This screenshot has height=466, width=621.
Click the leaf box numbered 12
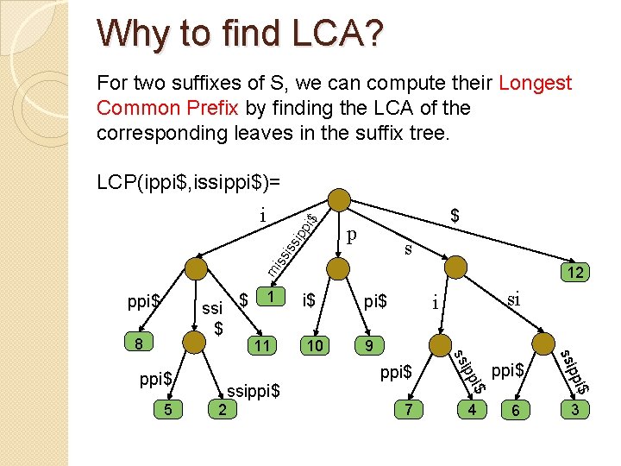click(x=574, y=273)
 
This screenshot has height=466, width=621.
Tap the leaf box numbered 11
click(x=262, y=345)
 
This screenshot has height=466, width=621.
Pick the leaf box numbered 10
click(x=316, y=345)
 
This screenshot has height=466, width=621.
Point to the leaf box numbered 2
click(x=222, y=409)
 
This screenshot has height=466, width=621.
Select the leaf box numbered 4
click(x=471, y=409)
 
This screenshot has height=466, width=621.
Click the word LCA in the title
click(x=329, y=34)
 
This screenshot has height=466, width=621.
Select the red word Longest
click(x=536, y=83)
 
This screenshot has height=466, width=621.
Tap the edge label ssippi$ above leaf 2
click(x=254, y=391)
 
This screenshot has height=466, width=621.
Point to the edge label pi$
click(x=375, y=301)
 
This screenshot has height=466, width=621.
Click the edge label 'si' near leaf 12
click(x=514, y=298)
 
